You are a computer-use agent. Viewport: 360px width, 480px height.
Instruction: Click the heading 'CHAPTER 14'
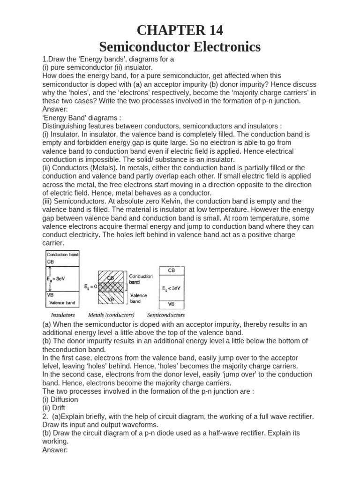[180, 30]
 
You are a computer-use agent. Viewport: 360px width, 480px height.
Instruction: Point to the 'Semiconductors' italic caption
[165, 315]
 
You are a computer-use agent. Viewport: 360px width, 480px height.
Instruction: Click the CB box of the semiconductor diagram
[172, 270]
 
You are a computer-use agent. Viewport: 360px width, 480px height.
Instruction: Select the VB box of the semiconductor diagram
[172, 303]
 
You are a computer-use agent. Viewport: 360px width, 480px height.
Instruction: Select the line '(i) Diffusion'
[60, 399]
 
